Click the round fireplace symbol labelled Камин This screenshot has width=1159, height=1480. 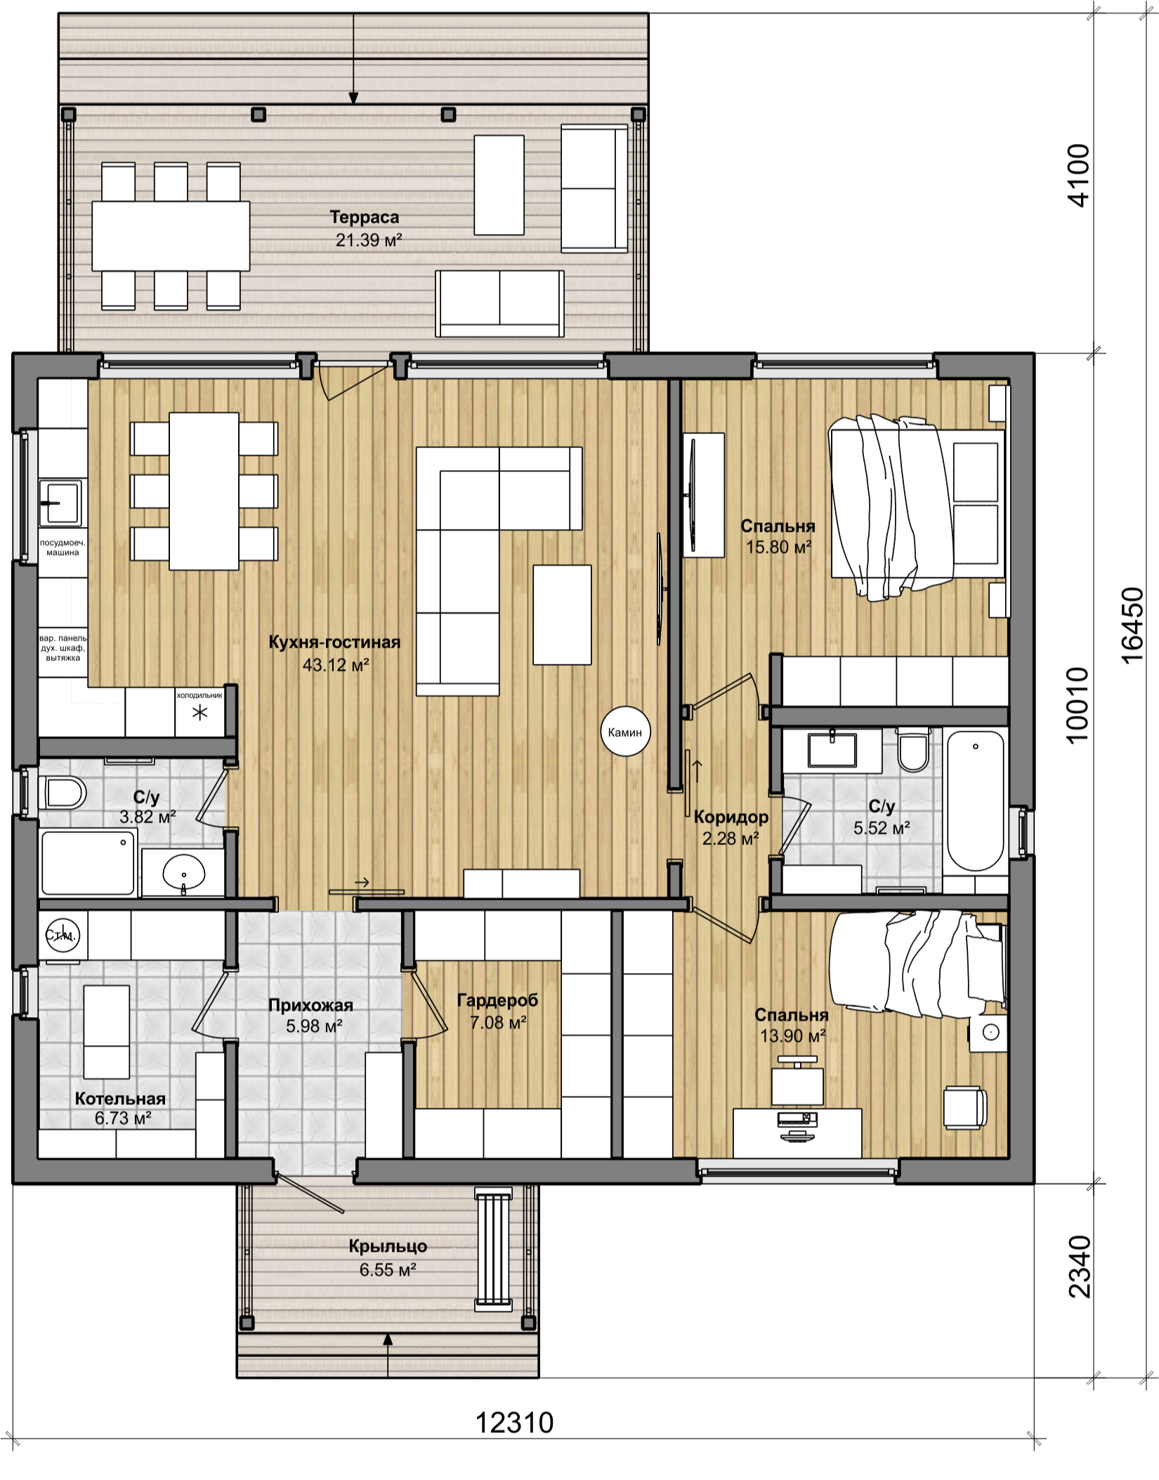(624, 733)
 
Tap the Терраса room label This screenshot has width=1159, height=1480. (365, 217)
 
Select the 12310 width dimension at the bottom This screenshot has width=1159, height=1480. (515, 1422)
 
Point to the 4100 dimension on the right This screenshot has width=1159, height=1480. (1078, 176)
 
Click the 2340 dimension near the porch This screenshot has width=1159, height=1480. (1080, 1266)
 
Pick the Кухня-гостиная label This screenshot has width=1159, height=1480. (334, 642)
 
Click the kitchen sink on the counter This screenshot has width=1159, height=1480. (60, 503)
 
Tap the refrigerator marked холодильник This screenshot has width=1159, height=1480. (199, 712)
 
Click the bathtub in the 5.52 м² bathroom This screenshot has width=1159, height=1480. (976, 801)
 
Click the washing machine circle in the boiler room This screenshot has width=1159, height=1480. (63, 935)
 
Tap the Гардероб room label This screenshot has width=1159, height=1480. (497, 1000)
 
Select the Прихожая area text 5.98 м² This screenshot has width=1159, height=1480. (314, 1026)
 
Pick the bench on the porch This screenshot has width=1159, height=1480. (493, 1248)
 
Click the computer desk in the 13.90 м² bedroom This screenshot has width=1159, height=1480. (797, 1133)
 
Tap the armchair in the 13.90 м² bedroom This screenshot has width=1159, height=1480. (964, 1108)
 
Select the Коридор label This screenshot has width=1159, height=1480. (731, 817)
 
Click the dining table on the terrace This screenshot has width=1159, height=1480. (171, 236)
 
